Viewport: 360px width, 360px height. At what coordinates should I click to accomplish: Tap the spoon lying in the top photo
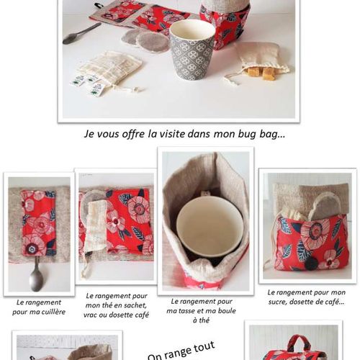[81, 34]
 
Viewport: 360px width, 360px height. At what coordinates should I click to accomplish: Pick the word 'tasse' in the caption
[189, 311]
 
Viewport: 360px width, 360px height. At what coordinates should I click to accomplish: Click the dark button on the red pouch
[311, 264]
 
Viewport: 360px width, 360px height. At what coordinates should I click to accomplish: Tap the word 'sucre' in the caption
[277, 302]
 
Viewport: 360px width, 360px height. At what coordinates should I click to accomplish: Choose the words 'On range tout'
[181, 351]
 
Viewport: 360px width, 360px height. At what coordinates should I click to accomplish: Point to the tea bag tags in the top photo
[88, 84]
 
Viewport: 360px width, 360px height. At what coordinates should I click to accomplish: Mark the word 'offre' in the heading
[132, 134]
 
